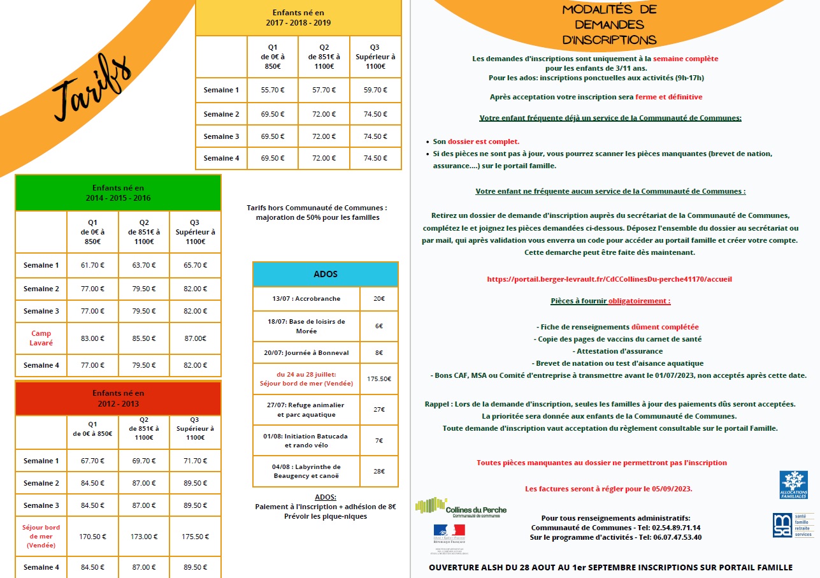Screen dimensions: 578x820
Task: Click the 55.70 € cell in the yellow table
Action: [272, 90]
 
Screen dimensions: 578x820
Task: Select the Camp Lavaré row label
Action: [41, 338]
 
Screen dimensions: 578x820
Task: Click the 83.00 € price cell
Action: [92, 338]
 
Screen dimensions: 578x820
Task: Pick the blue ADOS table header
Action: [326, 274]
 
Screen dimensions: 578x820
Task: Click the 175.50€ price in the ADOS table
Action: [379, 379]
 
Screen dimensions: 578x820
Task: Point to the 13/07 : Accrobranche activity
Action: [306, 298]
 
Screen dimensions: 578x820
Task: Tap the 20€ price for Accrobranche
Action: [379, 298]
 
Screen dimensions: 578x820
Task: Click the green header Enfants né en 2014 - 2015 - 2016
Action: [119, 192]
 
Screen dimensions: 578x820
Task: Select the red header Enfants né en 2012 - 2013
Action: [119, 398]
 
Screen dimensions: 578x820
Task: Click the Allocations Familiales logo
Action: [793, 485]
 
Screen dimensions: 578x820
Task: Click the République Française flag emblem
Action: [449, 530]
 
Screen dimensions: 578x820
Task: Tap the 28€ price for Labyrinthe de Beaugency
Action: [379, 471]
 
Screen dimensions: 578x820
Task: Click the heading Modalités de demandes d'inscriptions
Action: [609, 25]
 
